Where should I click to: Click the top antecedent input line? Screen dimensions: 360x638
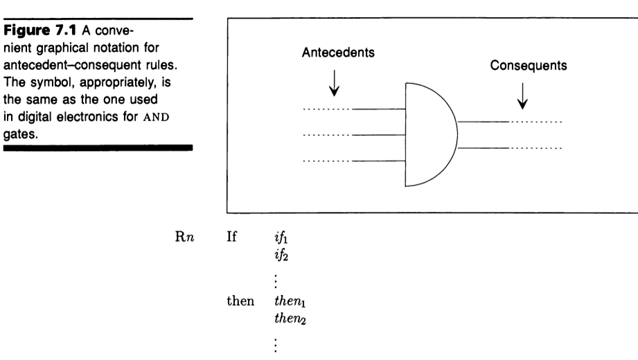[378, 109]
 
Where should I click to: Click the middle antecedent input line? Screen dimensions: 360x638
[378, 135]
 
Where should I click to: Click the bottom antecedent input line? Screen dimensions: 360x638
[378, 161]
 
